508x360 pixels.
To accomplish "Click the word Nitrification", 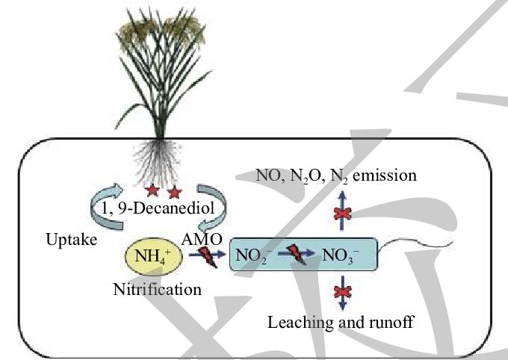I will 157,288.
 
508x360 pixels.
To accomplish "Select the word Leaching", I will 297,323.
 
